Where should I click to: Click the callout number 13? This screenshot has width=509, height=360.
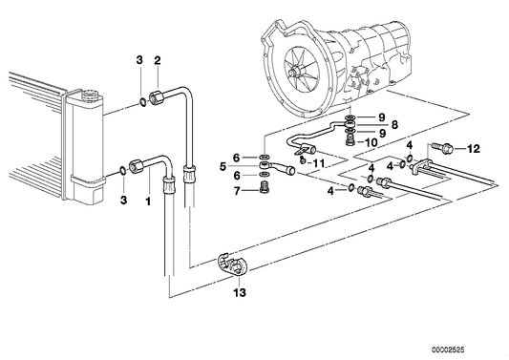[x=239, y=293]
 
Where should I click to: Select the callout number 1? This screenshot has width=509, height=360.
[x=147, y=201]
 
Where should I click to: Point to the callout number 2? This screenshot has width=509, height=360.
[x=158, y=61]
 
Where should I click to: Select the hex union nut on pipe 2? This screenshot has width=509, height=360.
[x=178, y=94]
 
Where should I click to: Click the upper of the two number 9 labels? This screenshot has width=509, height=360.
[x=381, y=116]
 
